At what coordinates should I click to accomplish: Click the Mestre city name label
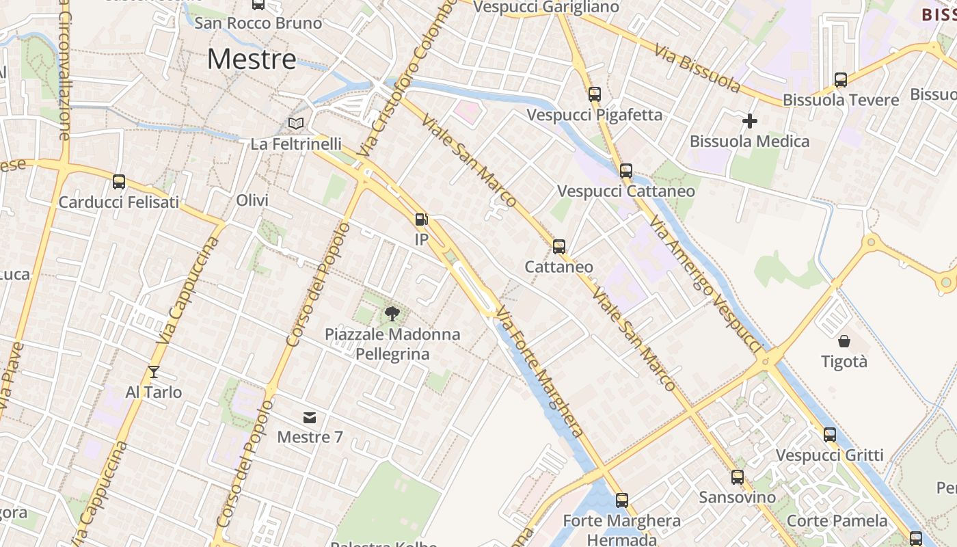tap(252, 59)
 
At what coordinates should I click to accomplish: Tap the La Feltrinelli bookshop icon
tap(296, 124)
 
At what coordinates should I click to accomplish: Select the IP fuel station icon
tap(422, 219)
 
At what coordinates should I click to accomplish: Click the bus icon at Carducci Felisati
tap(119, 182)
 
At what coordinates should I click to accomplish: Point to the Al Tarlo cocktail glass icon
tap(153, 372)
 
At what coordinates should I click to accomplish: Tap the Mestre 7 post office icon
tap(310, 418)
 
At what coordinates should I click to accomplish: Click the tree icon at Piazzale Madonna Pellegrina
tap(392, 314)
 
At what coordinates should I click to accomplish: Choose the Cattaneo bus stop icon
tap(559, 246)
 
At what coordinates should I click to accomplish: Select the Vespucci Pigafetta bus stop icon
tap(595, 94)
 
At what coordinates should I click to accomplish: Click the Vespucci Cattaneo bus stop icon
tap(626, 171)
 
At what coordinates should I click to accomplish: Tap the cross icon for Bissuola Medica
tap(750, 122)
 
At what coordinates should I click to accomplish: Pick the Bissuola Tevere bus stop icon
tap(841, 80)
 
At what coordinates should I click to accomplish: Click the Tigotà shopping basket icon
tap(844, 341)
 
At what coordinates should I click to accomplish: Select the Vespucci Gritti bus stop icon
tap(830, 434)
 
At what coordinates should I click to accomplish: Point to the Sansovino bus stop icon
tap(738, 477)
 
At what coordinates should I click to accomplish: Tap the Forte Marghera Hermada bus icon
tap(622, 501)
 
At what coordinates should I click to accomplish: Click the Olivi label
tap(252, 200)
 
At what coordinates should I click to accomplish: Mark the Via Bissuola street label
tap(697, 69)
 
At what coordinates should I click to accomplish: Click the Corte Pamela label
tap(837, 520)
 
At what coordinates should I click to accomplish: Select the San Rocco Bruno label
tap(258, 23)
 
